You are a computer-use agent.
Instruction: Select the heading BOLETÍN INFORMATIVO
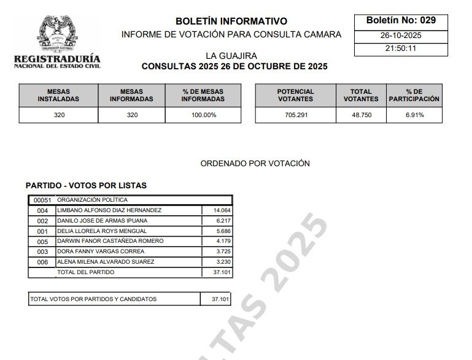(231, 21)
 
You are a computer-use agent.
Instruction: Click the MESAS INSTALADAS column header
(58, 95)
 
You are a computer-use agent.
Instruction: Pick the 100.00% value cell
(203, 115)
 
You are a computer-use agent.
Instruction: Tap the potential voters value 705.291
(295, 115)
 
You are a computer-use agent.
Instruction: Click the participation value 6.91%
(414, 115)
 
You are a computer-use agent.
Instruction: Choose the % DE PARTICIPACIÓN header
(414, 95)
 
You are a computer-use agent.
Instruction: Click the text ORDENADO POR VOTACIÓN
(255, 164)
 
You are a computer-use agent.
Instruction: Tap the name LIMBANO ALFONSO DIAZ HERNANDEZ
(109, 210)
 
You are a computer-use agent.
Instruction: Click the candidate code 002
(42, 221)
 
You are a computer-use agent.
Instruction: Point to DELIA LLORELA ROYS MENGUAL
(101, 231)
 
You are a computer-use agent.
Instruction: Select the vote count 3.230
(218, 262)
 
